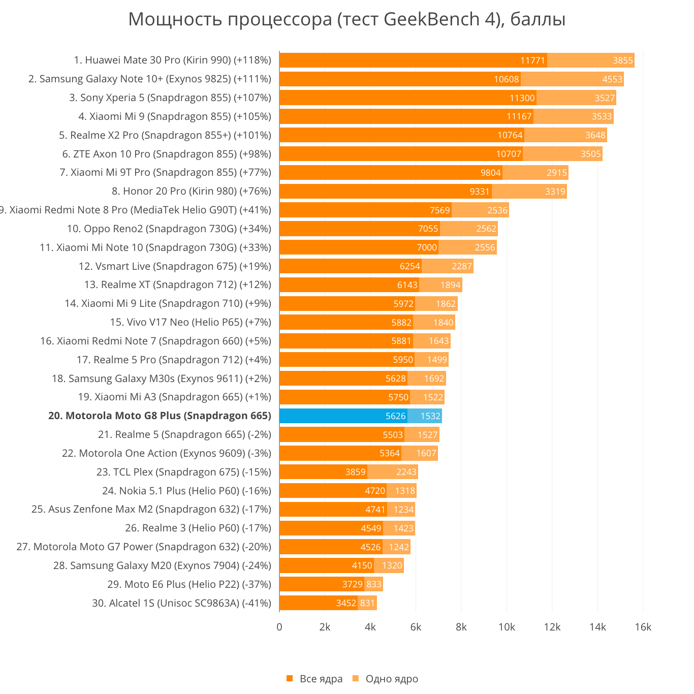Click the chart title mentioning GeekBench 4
click(346, 19)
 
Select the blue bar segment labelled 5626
click(343, 416)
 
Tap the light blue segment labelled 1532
click(425, 416)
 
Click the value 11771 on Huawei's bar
click(532, 60)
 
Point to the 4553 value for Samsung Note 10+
click(612, 79)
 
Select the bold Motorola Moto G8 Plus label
click(160, 416)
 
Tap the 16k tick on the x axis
click(643, 627)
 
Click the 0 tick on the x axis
click(279, 627)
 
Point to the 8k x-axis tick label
click(461, 627)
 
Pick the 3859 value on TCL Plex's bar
click(355, 472)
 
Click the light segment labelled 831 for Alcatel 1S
click(367, 603)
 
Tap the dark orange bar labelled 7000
click(358, 247)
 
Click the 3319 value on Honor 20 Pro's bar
click(555, 192)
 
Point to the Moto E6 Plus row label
click(189, 584)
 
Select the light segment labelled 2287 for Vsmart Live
click(447, 266)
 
